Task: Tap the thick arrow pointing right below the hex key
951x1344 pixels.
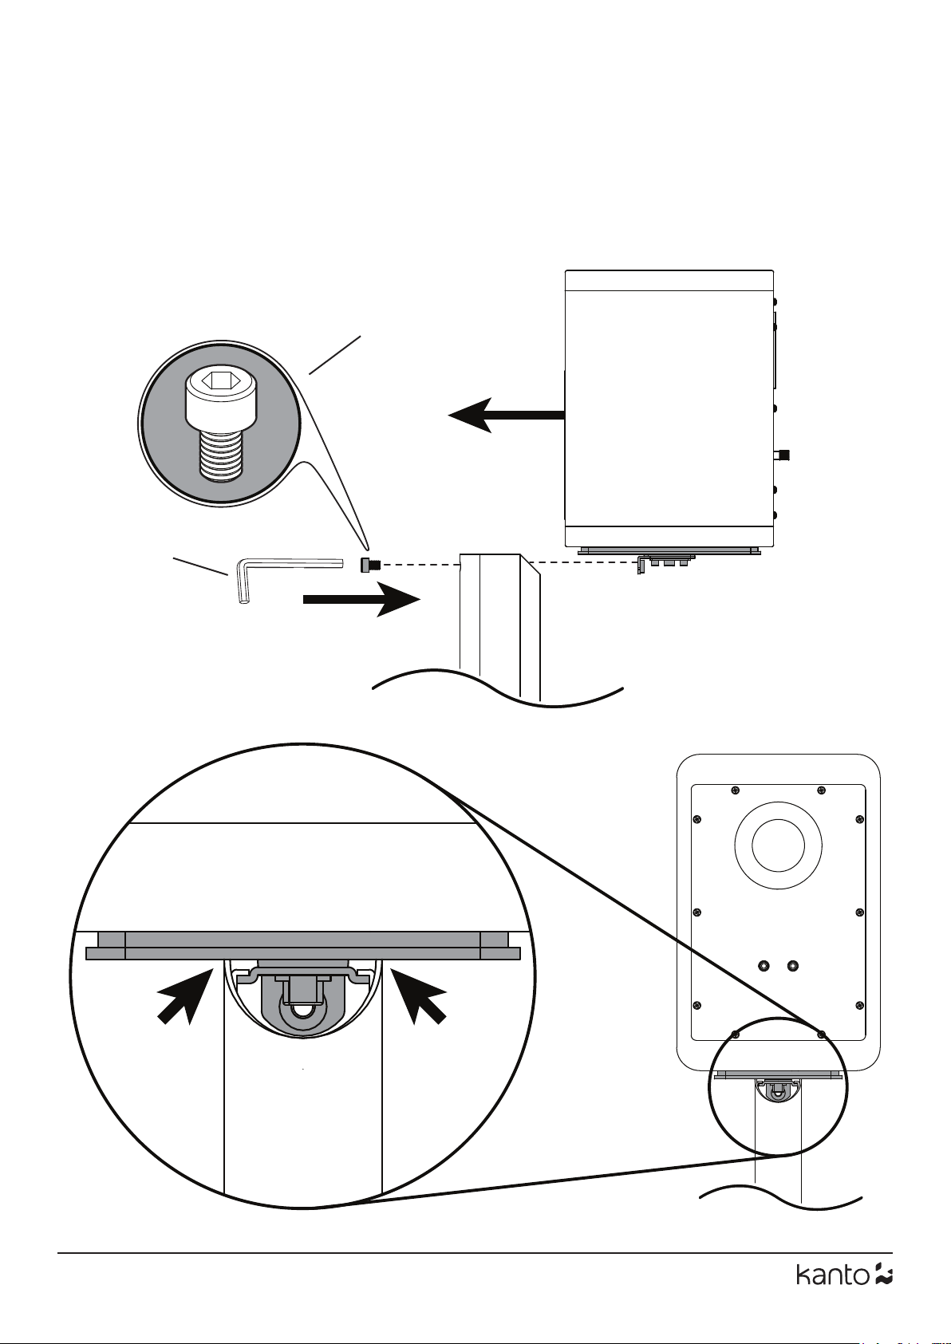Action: (361, 599)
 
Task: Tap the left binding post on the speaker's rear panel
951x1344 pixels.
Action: (764, 966)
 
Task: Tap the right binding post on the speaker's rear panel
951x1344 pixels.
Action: (793, 966)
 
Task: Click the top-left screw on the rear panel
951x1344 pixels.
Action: (736, 790)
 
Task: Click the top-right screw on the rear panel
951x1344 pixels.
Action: (822, 790)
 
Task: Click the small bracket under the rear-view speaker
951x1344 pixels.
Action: (778, 1089)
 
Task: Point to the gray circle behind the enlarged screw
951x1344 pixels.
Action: (219, 423)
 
